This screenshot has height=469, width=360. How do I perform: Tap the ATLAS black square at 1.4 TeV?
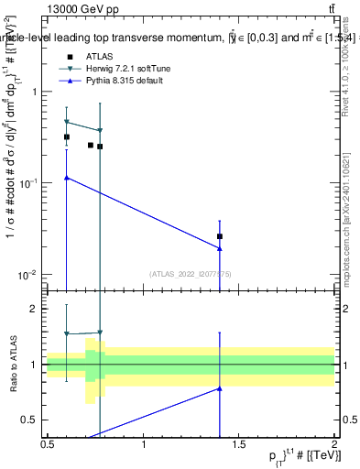point(219,236)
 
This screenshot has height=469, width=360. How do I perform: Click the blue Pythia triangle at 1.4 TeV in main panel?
point(219,248)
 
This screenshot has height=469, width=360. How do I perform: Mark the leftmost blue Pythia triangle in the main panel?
point(66,178)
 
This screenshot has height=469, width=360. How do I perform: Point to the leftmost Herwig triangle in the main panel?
point(66,122)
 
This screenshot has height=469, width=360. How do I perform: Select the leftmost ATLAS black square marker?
point(66,136)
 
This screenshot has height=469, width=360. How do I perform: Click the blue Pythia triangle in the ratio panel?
point(219,388)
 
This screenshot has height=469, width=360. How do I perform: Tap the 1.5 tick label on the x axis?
point(239,444)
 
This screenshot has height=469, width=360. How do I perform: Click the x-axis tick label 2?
point(334,444)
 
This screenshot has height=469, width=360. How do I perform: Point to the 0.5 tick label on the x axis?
point(48,444)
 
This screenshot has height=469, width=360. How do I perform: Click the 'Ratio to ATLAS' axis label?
point(12,365)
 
